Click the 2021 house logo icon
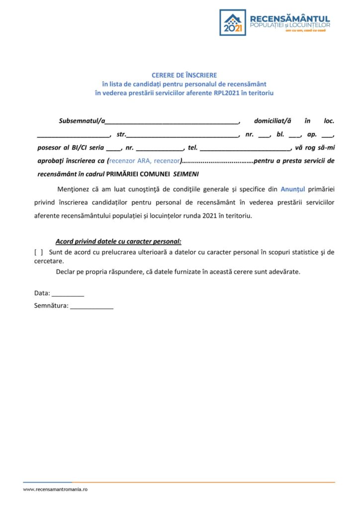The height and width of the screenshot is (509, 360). pos(233,22)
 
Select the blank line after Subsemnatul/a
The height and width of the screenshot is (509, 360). pos(172,122)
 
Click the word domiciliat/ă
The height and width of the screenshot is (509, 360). pos(270,121)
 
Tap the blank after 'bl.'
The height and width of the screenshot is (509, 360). pos(295,135)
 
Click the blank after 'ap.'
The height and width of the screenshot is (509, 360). pos(327,135)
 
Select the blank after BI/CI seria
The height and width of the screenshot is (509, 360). pos(113,149)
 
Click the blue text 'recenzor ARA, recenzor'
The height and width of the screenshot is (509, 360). pos(144,161)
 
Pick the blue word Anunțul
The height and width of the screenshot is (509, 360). pos(293,189)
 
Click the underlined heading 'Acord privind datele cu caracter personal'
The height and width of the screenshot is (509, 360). pos(118,242)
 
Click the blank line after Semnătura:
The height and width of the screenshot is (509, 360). pos(91,307)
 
